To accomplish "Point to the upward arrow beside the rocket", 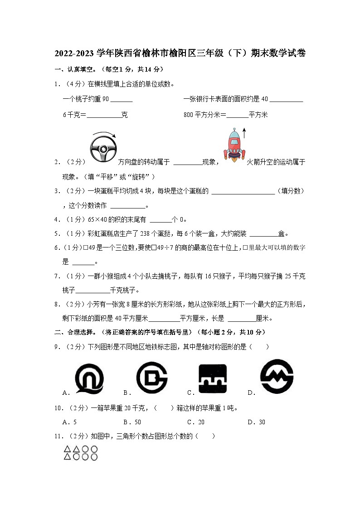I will pos(244,132).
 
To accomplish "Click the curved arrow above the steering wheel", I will pos(104,134).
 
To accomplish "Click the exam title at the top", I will pos(180,53).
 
